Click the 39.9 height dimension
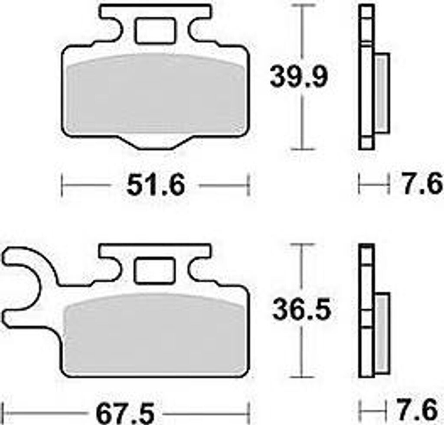(x=299, y=76)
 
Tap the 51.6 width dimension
(x=156, y=185)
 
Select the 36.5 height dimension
(x=302, y=310)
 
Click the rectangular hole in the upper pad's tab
(x=155, y=31)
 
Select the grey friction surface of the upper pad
(x=156, y=94)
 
